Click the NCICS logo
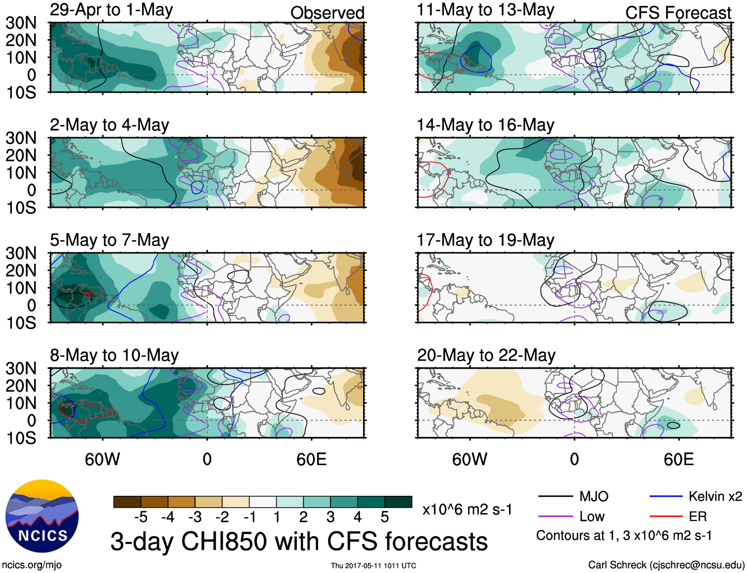click(x=42, y=516)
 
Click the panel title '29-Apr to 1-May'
click(x=111, y=10)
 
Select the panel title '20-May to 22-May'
click(x=486, y=355)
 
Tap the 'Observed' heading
click(x=327, y=13)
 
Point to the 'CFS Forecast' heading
click(x=678, y=13)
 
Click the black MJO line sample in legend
click(x=555, y=496)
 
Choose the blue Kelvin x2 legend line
click(x=666, y=496)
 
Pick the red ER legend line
click(x=666, y=517)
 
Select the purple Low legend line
click(x=555, y=517)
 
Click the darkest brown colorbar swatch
click(x=127, y=502)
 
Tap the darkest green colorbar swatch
click(x=398, y=502)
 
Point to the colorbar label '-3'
click(x=195, y=517)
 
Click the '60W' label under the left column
click(x=102, y=459)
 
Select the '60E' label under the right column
click(x=678, y=459)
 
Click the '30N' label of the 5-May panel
click(x=21, y=253)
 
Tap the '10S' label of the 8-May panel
click(x=21, y=438)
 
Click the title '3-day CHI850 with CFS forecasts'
click(x=299, y=541)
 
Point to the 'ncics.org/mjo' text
click(x=32, y=565)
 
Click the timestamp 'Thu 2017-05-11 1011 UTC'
click(x=373, y=566)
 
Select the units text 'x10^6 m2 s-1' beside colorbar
click(x=467, y=509)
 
